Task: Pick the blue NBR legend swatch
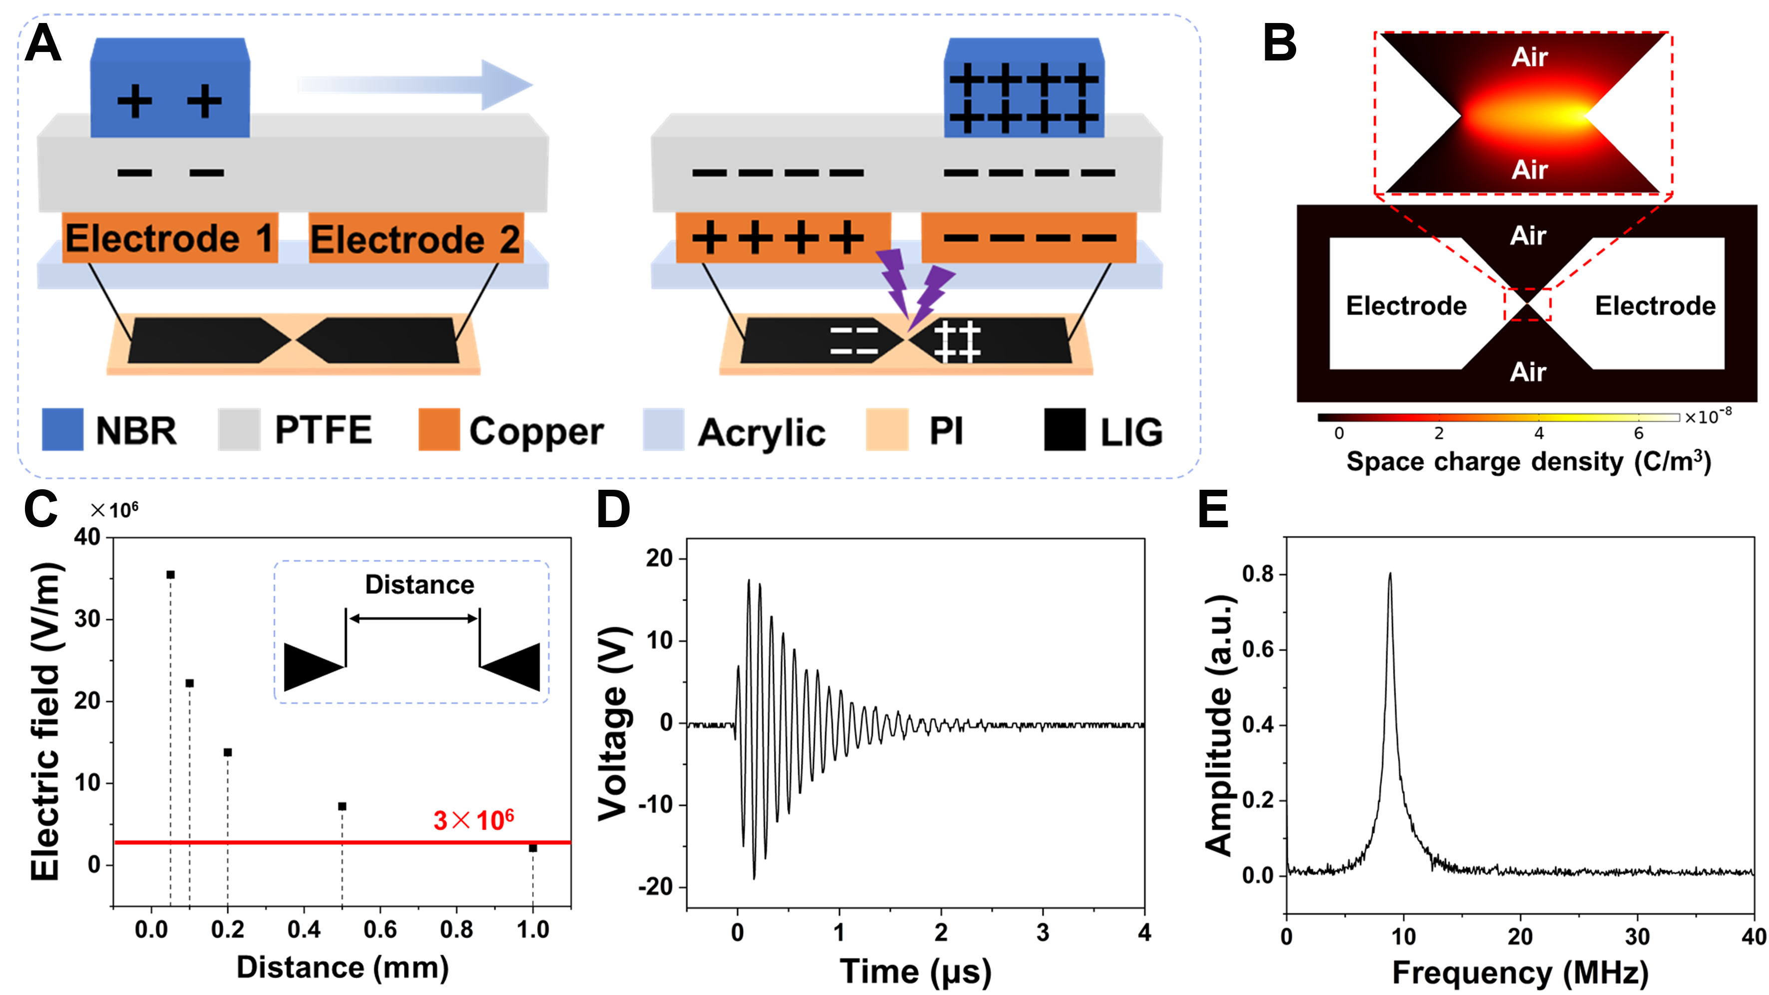[x=62, y=429]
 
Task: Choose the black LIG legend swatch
[x=1064, y=429]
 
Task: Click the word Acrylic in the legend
[x=761, y=432]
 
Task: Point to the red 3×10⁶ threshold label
[x=473, y=820]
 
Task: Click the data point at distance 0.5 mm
[x=342, y=806]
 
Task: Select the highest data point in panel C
[x=170, y=575]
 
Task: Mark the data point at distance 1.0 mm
[x=533, y=848]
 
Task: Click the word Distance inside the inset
[x=419, y=584]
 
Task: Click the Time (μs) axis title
[x=915, y=971]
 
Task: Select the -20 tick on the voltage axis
[x=655, y=887]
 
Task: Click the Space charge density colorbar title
[x=1528, y=461]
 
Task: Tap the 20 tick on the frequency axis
[x=1520, y=936]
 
